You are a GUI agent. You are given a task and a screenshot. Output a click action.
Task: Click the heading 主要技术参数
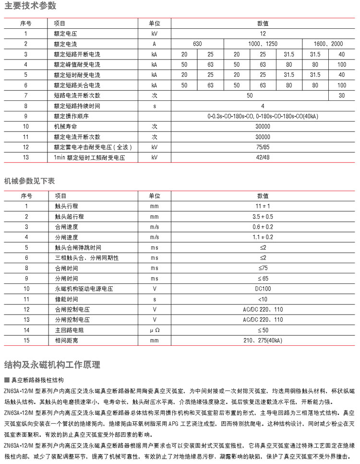[x=30, y=6]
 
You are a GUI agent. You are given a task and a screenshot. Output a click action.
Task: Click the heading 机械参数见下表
[x=30, y=181]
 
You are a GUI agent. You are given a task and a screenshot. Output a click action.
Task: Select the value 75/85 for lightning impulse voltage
[x=263, y=147]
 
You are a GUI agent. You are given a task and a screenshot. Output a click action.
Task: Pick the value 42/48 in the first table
[x=263, y=158]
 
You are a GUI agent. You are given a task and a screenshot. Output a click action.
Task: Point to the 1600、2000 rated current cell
[x=329, y=44]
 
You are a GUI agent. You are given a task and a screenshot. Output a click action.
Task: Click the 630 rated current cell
[x=197, y=44]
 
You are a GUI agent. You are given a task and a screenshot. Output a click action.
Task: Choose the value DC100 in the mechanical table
[x=263, y=289]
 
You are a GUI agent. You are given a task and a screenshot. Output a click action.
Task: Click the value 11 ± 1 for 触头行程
[x=263, y=206]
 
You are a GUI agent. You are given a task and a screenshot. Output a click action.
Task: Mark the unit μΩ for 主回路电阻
[x=154, y=330]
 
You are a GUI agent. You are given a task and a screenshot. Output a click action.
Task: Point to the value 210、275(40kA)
[x=263, y=341]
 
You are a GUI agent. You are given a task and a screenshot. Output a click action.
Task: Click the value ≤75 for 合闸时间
[x=263, y=268]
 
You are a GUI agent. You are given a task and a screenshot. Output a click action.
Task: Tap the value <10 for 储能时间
[x=263, y=299]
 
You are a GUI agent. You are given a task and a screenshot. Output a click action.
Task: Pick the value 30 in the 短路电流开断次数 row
[x=342, y=95]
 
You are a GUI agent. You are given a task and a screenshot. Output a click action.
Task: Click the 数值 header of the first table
[x=263, y=23]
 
